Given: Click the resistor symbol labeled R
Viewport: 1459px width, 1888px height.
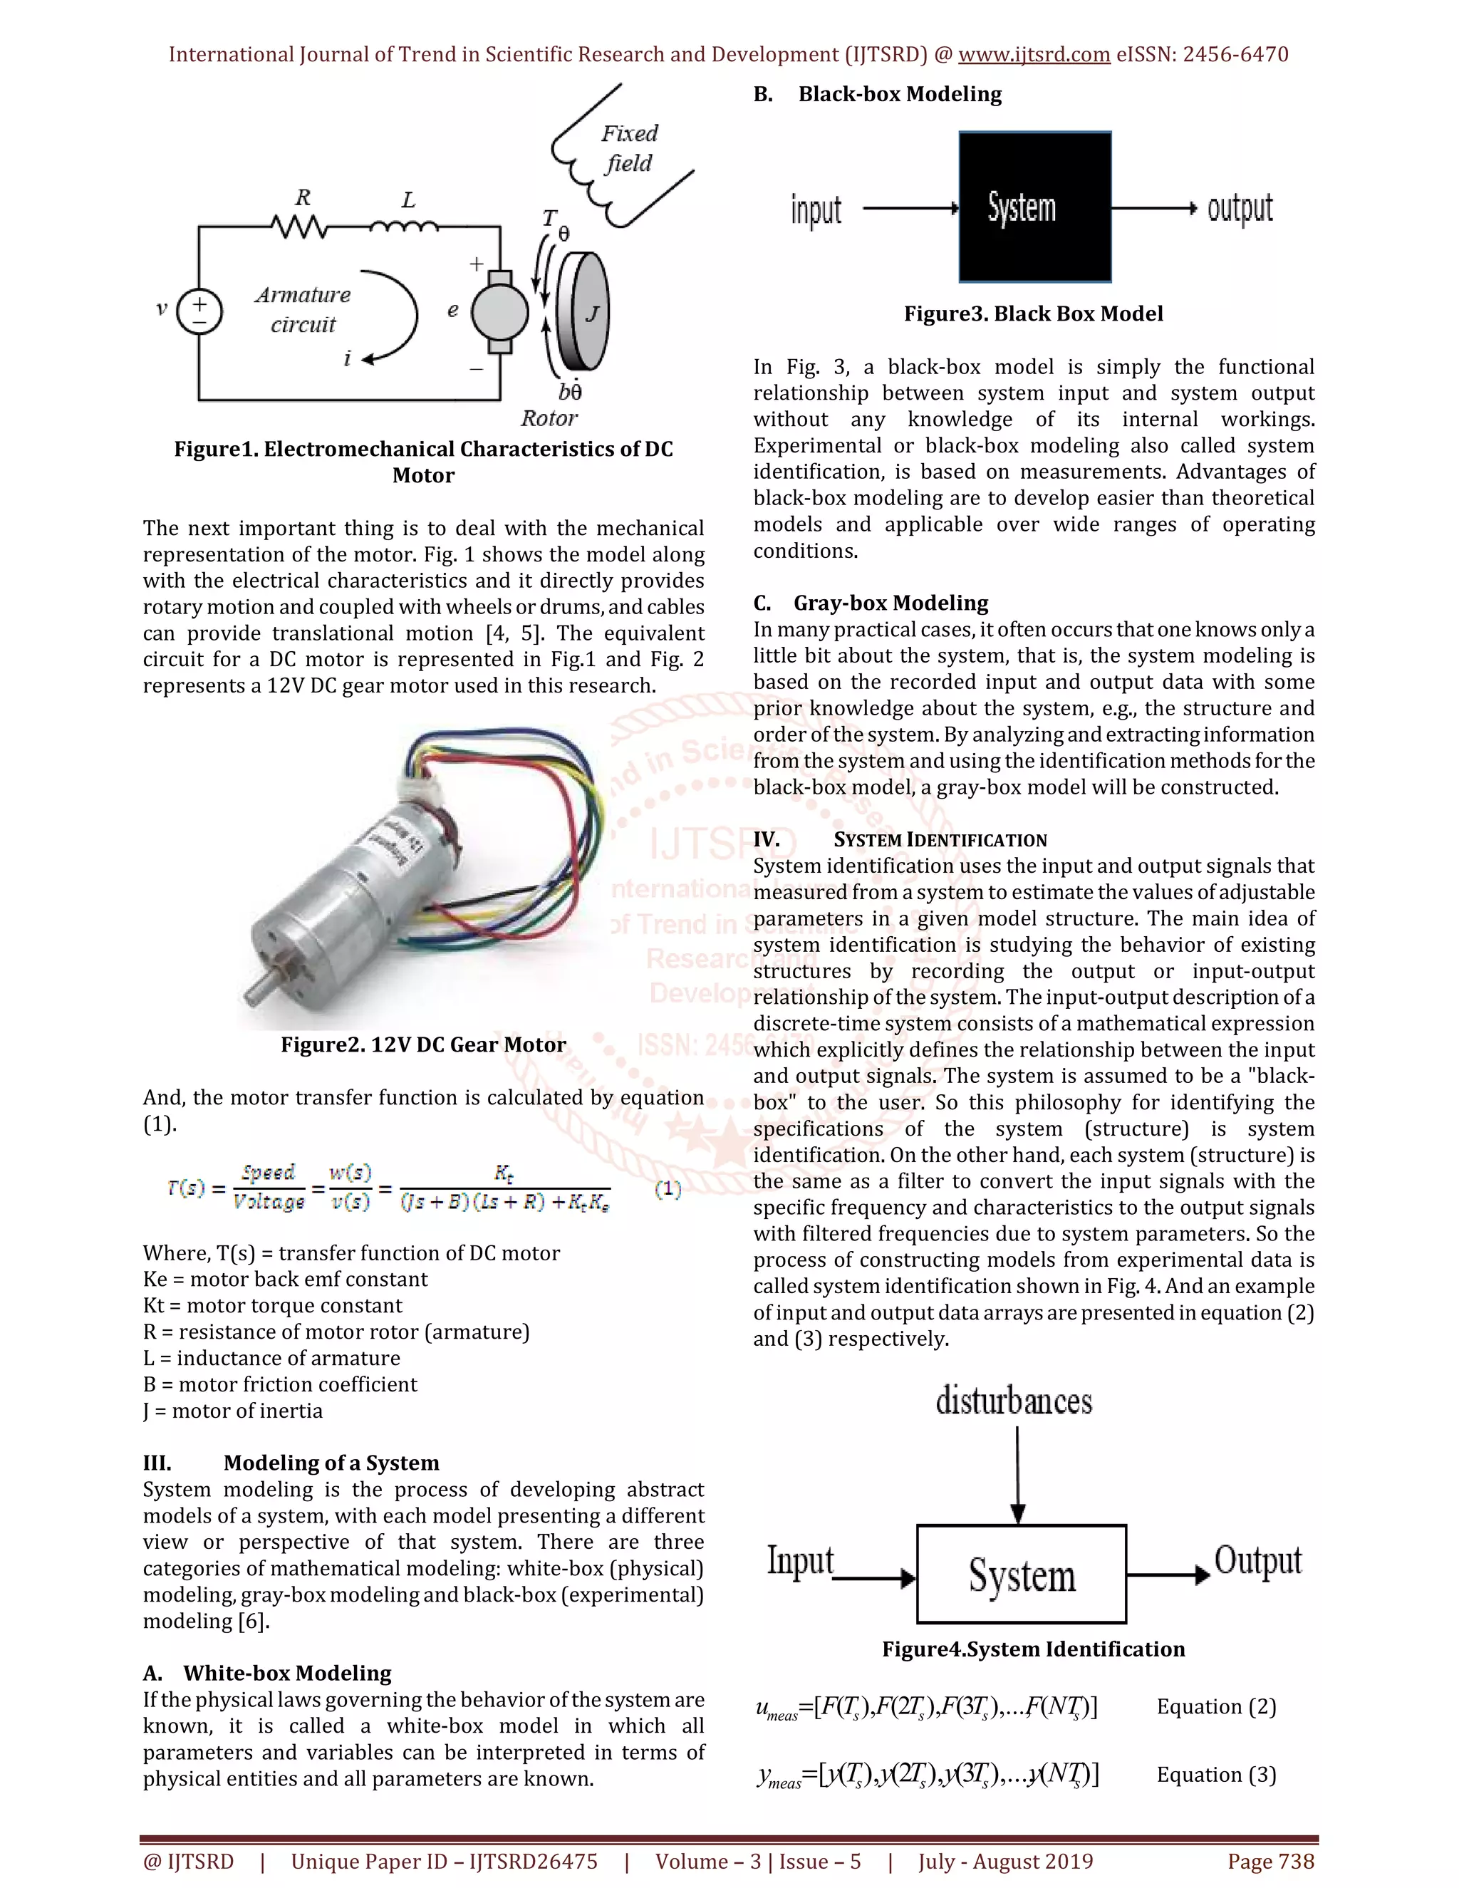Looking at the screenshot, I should pyautogui.click(x=299, y=227).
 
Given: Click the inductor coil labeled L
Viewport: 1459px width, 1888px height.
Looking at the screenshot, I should pyautogui.click(x=405, y=227).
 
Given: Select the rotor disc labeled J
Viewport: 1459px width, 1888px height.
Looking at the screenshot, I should pyautogui.click(x=584, y=312).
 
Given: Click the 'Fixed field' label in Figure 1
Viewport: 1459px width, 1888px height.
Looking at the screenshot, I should pyautogui.click(x=629, y=147).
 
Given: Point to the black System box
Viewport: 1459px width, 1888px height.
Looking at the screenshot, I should pyautogui.click(x=1034, y=207).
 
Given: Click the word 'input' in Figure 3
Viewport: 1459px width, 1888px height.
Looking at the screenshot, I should pyautogui.click(x=816, y=210).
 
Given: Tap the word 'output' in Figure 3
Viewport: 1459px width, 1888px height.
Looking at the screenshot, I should pyautogui.click(x=1240, y=209).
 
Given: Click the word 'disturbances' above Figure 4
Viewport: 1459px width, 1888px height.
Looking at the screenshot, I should pyautogui.click(x=1014, y=1401).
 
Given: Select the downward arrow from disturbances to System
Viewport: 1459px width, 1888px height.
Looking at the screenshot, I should pyautogui.click(x=1018, y=1475).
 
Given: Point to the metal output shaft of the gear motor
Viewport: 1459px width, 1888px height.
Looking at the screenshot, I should pyautogui.click(x=259, y=990).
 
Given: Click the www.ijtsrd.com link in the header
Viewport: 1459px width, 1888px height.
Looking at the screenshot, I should pyautogui.click(x=1034, y=54).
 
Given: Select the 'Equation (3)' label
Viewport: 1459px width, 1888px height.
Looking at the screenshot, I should pyautogui.click(x=1216, y=1775).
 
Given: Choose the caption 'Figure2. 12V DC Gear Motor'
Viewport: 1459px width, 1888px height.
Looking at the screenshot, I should pyautogui.click(x=422, y=1044).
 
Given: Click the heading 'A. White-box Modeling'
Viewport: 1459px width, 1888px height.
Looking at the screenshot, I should pyautogui.click(x=267, y=1673).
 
